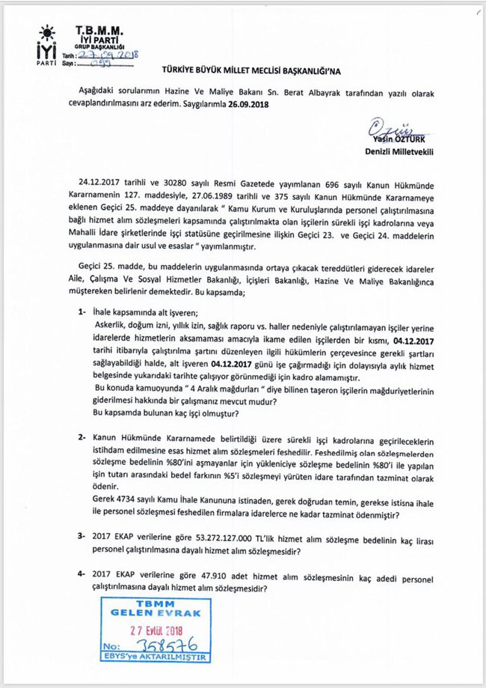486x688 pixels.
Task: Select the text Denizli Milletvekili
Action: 399,150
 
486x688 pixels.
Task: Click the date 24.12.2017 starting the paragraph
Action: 100,181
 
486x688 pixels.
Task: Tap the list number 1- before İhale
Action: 84,310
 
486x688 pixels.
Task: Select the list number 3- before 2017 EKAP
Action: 84,537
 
